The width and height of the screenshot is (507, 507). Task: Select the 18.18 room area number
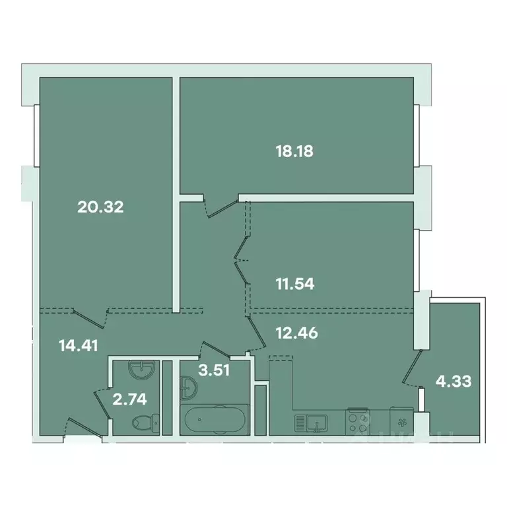pyautogui.click(x=294, y=151)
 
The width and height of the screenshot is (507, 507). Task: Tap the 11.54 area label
pyautogui.click(x=294, y=285)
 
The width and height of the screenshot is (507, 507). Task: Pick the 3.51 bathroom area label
pyautogui.click(x=214, y=370)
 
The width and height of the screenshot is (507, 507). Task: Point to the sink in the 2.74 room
pyautogui.click(x=140, y=370)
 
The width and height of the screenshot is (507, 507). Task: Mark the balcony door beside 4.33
pyautogui.click(x=412, y=370)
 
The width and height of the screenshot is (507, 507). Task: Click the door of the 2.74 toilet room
pyautogui.click(x=102, y=400)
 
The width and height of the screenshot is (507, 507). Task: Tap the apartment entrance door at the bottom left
pyautogui.click(x=82, y=427)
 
